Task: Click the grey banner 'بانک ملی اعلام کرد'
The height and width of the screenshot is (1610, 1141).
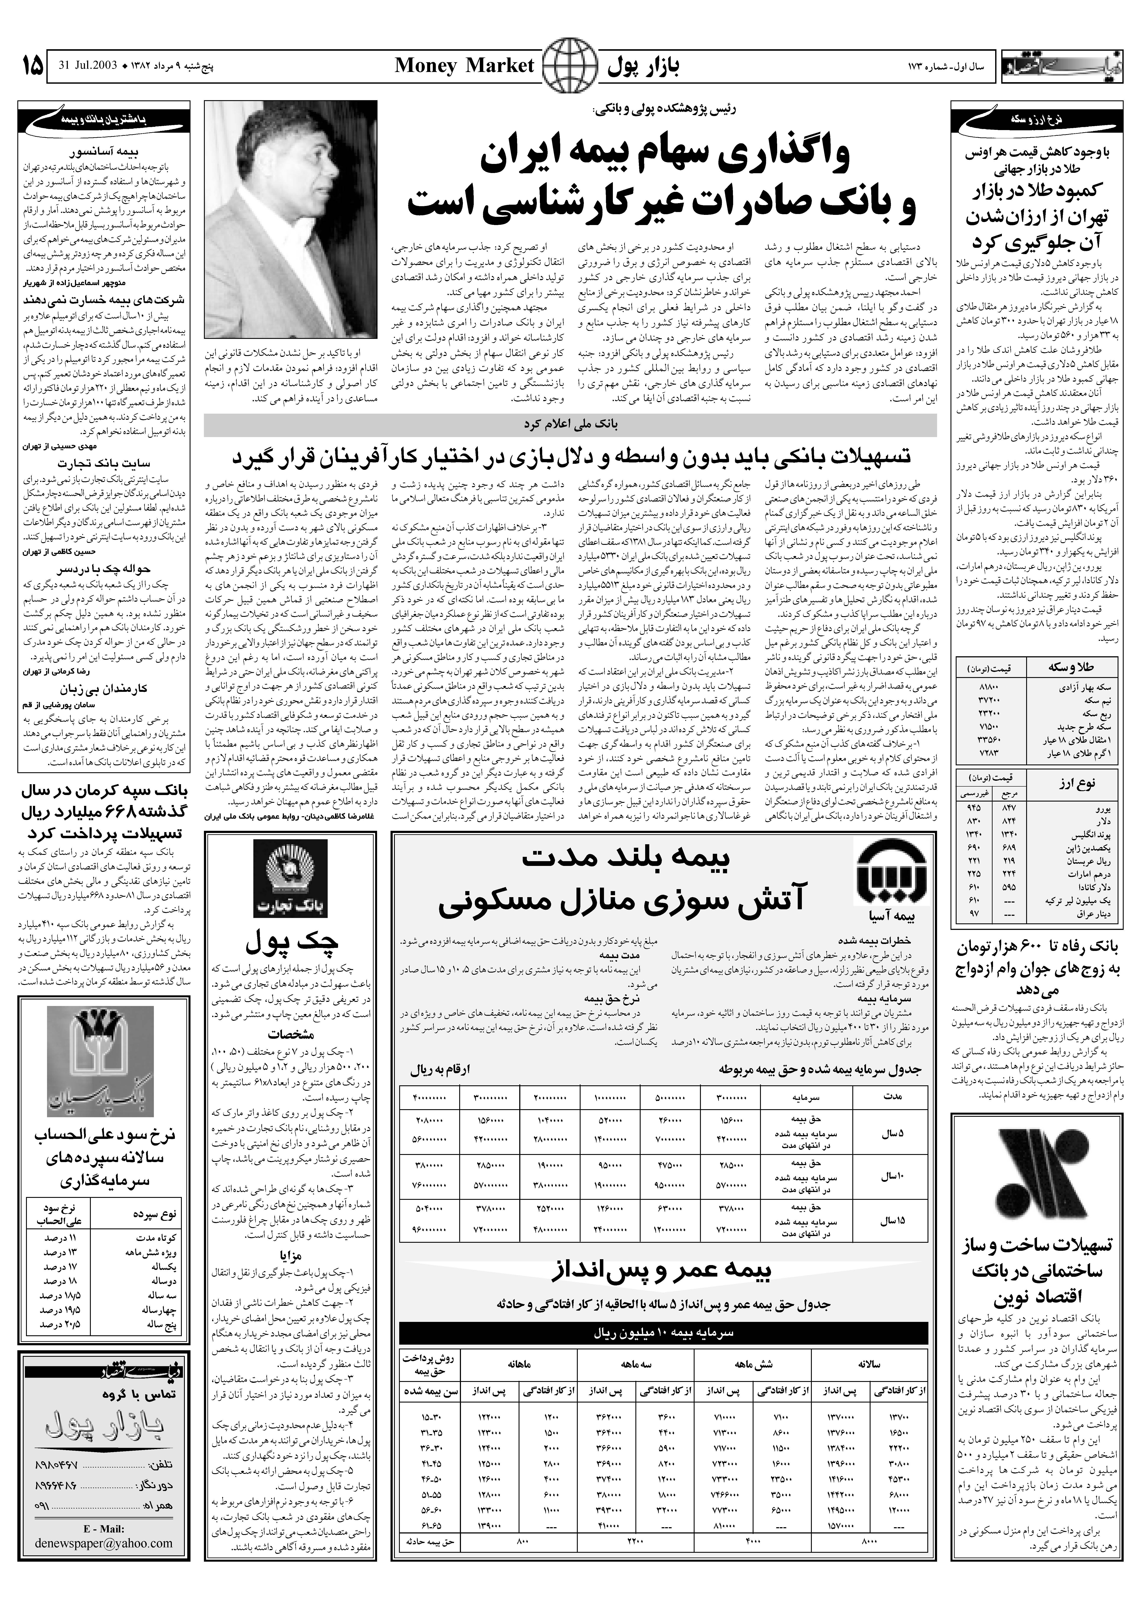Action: [570, 425]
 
